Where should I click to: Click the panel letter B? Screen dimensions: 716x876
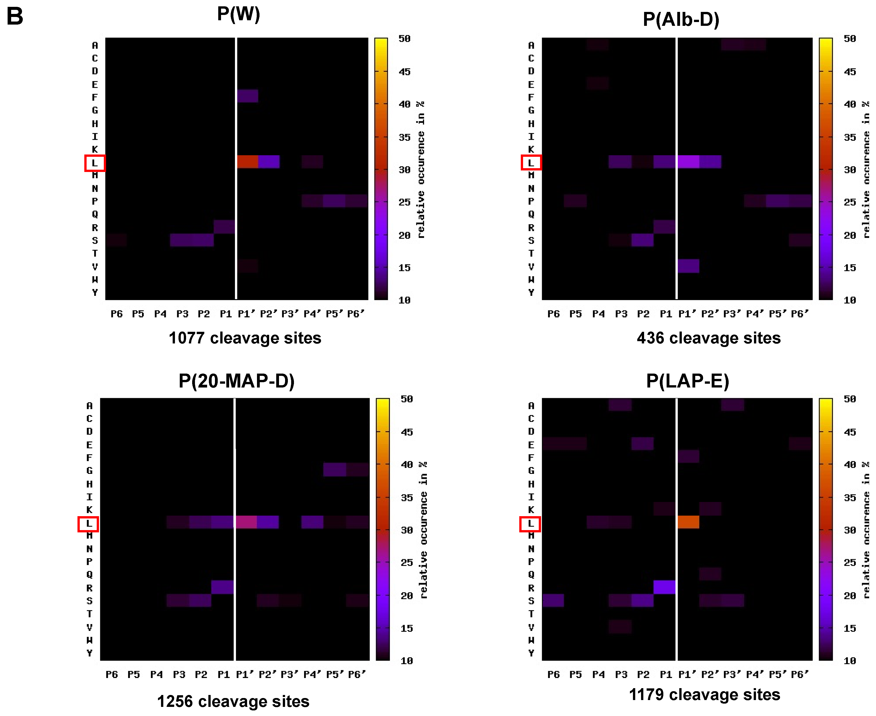15,16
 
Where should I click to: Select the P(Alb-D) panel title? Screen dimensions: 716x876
681,20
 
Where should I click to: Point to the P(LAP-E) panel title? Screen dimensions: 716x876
688,381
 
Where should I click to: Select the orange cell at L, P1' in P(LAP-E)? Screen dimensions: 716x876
688,522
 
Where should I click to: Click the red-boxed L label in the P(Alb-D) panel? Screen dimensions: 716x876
531,163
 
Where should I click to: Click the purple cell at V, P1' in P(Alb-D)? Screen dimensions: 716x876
688,266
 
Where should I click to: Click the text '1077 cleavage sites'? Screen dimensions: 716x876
245,338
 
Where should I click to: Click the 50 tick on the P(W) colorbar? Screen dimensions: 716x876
404,39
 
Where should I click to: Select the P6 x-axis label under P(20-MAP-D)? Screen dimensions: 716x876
112,674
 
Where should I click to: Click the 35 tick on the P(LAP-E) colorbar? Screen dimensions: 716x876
850,498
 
